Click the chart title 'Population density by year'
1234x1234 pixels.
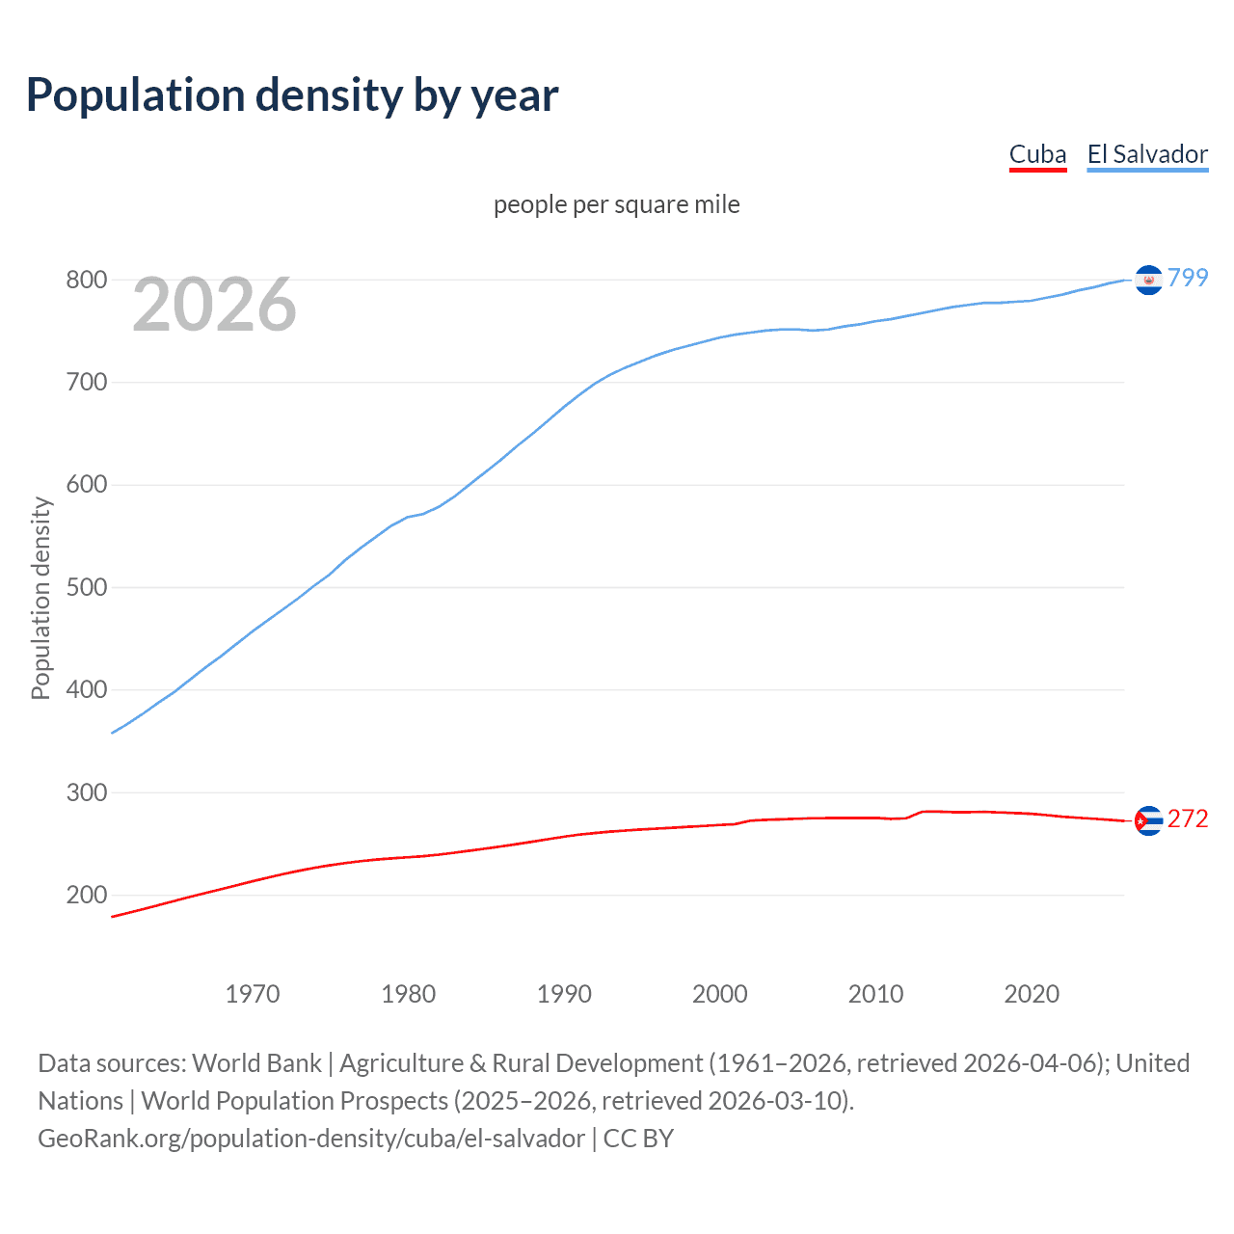(292, 95)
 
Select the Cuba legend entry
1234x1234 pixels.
(1037, 154)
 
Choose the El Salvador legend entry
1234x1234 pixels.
(1147, 154)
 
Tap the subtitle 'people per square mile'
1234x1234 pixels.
(616, 204)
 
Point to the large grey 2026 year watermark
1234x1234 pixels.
(214, 305)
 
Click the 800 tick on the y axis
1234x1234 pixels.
(86, 280)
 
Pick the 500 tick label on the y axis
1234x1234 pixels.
(86, 587)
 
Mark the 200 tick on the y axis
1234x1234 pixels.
(86, 895)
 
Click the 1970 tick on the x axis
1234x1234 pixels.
(253, 993)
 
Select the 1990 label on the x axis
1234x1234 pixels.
(564, 993)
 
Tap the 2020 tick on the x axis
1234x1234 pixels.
(1032, 993)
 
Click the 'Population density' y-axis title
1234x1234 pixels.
(40, 598)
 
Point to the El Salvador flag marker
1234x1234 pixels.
(1148, 280)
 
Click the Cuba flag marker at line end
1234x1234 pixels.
(1148, 820)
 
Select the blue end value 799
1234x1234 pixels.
(1188, 278)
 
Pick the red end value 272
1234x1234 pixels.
(1188, 818)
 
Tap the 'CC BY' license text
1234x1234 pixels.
(638, 1138)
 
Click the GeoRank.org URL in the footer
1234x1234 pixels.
(311, 1138)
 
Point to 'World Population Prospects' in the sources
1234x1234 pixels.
(295, 1100)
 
